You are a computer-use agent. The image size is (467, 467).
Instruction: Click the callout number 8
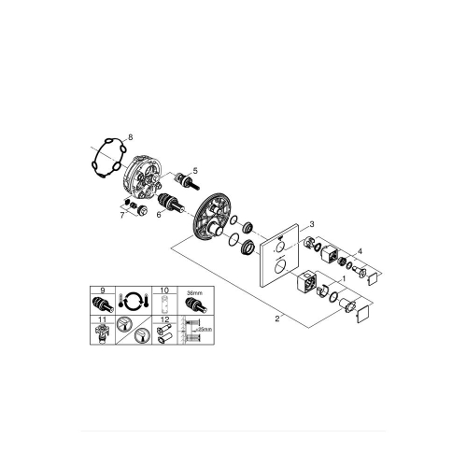pyautogui.click(x=130, y=137)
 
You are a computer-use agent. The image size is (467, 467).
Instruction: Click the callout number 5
pyautogui.click(x=195, y=170)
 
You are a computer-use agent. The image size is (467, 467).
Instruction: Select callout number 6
pyautogui.click(x=161, y=214)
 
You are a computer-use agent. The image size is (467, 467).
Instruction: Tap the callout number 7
pyautogui.click(x=121, y=216)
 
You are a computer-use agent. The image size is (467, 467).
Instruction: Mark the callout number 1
pyautogui.click(x=344, y=277)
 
